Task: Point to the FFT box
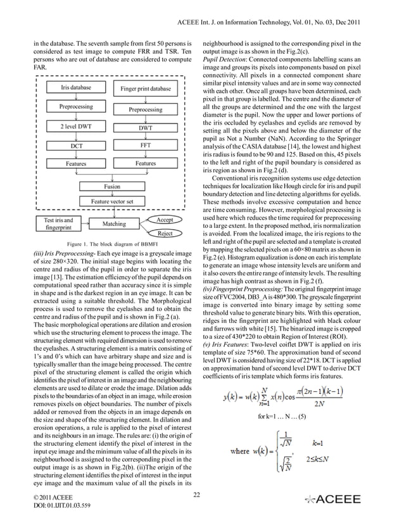click(145, 145)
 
